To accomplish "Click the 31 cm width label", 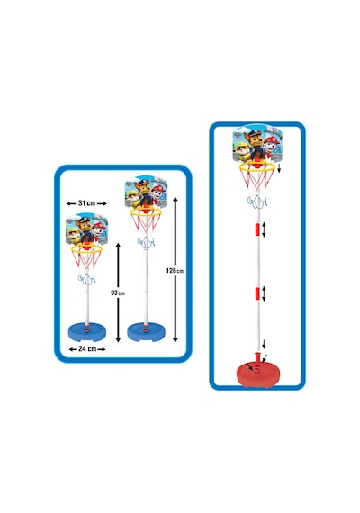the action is tap(86, 203).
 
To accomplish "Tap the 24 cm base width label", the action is tap(87, 349).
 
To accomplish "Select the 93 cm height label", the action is tap(118, 292).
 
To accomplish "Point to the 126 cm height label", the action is tap(175, 271).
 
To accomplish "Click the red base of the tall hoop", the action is tap(257, 372).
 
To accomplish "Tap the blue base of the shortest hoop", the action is tap(87, 332).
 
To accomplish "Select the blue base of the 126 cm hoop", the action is tap(147, 332).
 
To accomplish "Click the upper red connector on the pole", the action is tap(257, 229).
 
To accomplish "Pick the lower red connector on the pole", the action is tap(257, 293).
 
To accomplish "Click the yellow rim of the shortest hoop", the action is tap(86, 250).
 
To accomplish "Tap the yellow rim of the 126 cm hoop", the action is tap(146, 213).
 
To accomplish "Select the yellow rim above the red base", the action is tap(257, 167).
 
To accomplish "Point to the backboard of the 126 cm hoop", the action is tap(147, 193).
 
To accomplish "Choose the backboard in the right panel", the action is tap(257, 144).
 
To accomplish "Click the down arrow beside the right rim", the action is tap(279, 169).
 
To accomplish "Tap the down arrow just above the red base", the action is tap(264, 344).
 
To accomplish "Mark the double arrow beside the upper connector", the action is tap(264, 229).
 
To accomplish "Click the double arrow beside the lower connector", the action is tap(264, 293).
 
